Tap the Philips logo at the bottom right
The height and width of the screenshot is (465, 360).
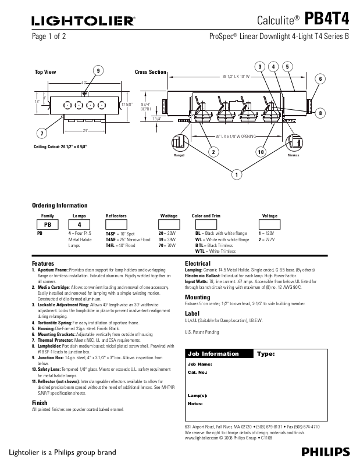click(326, 452)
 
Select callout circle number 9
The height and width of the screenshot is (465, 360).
click(98, 71)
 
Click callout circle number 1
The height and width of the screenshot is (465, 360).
click(237, 174)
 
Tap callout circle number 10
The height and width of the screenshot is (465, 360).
click(261, 152)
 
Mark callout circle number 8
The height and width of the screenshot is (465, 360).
click(320, 113)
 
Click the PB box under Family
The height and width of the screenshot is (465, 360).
click(48, 224)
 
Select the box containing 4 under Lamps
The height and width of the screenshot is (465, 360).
click(79, 224)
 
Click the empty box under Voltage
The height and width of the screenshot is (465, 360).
click(269, 224)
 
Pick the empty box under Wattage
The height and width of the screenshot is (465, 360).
click(169, 224)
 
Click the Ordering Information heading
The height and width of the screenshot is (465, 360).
click(59, 205)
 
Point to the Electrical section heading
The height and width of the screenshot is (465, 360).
click(197, 263)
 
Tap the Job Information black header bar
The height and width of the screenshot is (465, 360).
click(218, 353)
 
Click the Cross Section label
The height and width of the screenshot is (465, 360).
click(151, 72)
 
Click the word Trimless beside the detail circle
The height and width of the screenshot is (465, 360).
click(293, 156)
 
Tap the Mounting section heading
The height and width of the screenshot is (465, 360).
click(197, 297)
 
